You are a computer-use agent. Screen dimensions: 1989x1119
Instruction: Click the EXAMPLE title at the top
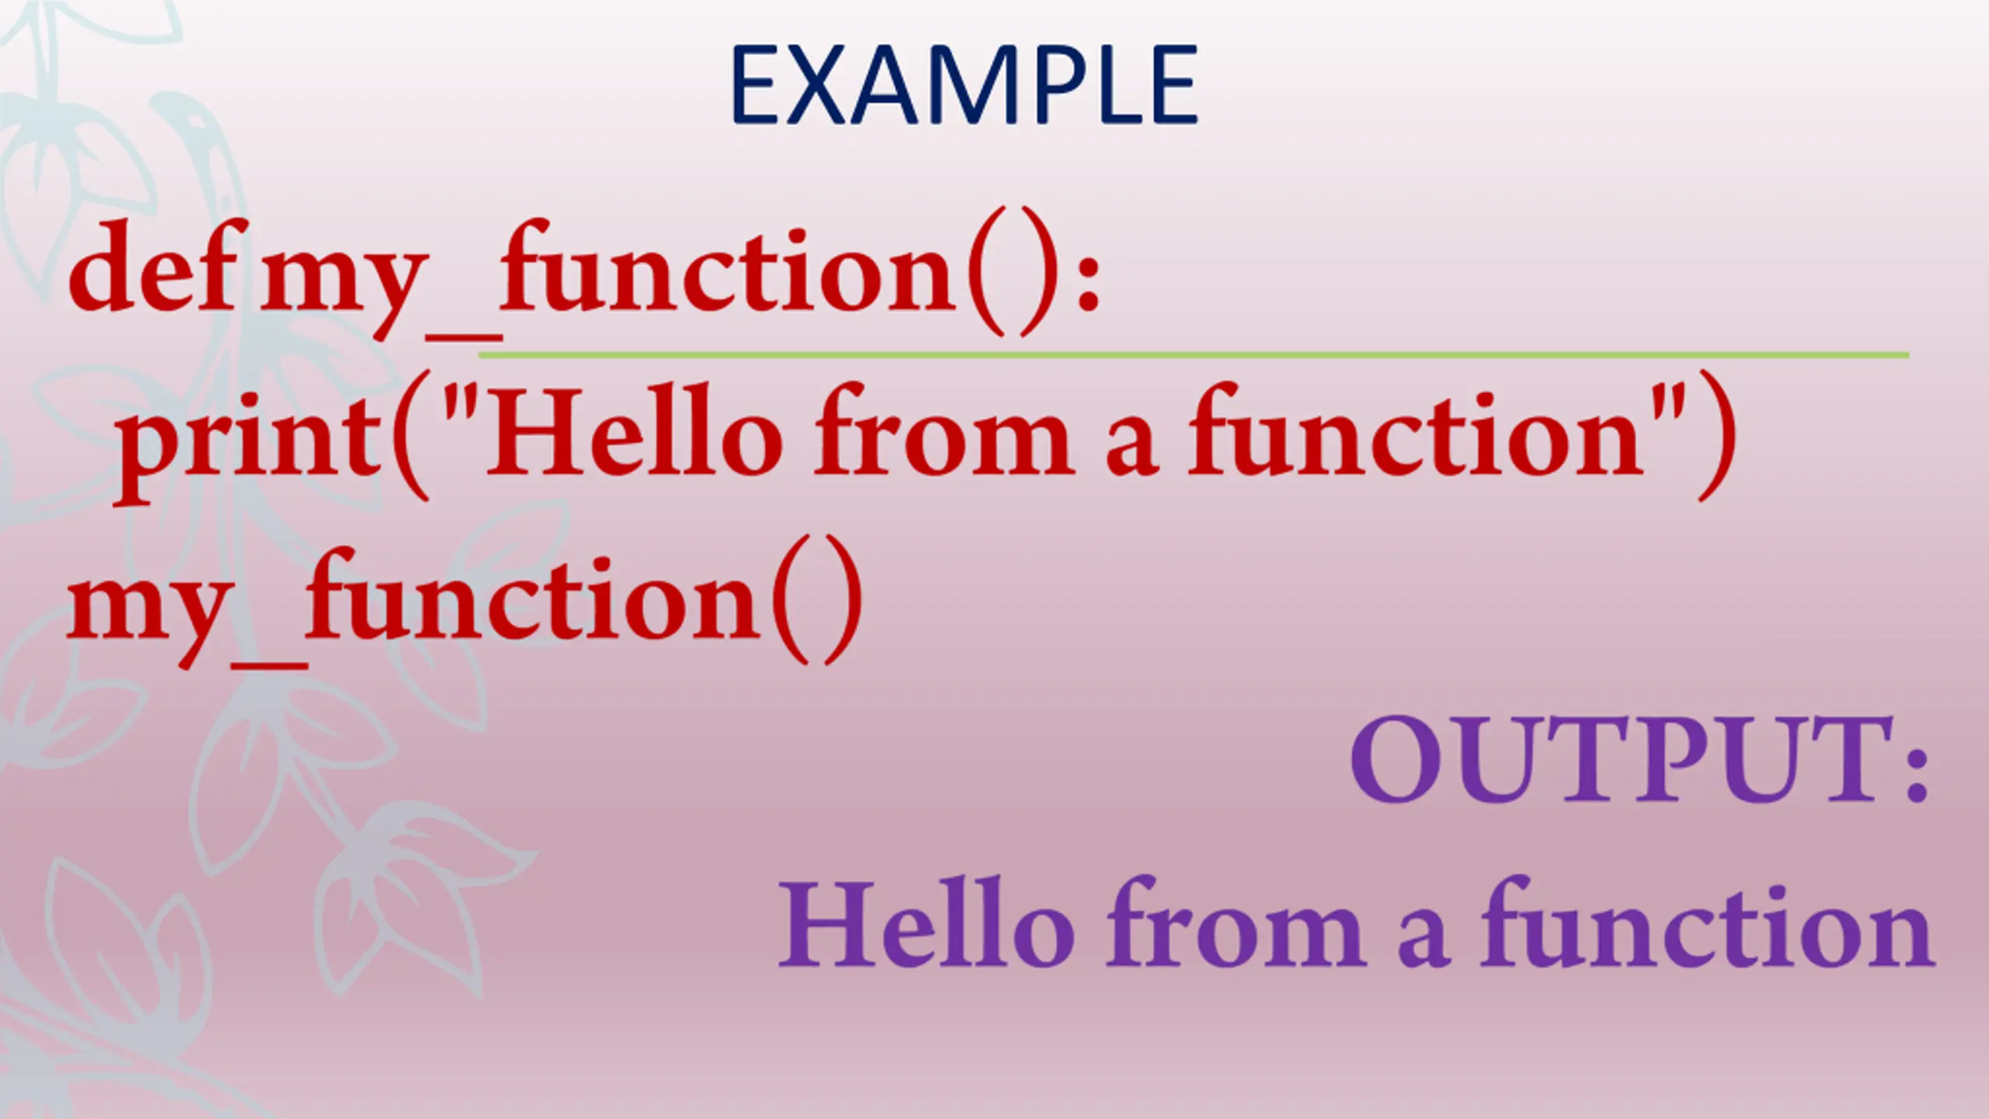[964, 85]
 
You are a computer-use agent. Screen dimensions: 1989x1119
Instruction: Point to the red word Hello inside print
[634, 431]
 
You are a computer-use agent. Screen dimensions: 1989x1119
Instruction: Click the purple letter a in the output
[1423, 937]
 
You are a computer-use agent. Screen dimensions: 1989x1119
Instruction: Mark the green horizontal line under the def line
[1193, 355]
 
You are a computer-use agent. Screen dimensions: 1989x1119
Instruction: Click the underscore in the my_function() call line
[269, 664]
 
